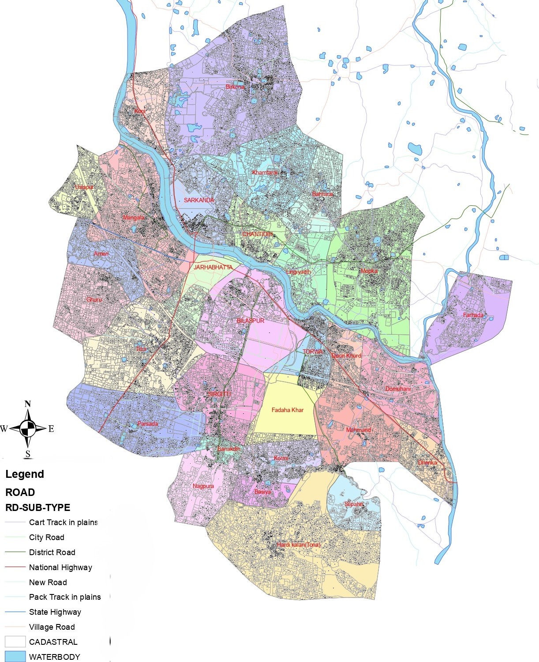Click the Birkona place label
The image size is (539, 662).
pyautogui.click(x=235, y=87)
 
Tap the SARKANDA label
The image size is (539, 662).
pyautogui.click(x=198, y=200)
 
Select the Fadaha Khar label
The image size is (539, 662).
pyautogui.click(x=288, y=410)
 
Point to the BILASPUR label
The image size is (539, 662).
pyautogui.click(x=251, y=321)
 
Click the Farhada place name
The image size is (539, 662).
pyautogui.click(x=473, y=315)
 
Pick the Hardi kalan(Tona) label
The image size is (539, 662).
pyautogui.click(x=299, y=545)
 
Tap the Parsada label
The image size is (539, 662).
pyautogui.click(x=147, y=424)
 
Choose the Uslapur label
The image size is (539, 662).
pyautogui.click(x=84, y=187)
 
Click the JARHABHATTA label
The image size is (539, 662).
pyautogui.click(x=213, y=267)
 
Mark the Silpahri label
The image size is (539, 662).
pyautogui.click(x=354, y=504)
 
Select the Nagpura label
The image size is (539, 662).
pyautogui.click(x=203, y=486)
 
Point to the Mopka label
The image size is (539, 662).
pyautogui.click(x=369, y=271)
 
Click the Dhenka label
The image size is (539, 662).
pyautogui.click(x=427, y=463)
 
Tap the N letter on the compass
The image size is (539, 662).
pyautogui.click(x=28, y=404)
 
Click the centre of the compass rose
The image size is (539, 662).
pyautogui.click(x=28, y=428)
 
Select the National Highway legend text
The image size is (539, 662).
pyautogui.click(x=60, y=567)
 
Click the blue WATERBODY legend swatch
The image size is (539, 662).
pyautogui.click(x=15, y=657)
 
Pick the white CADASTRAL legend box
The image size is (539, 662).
pyautogui.click(x=15, y=642)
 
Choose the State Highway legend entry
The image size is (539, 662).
pyautogui.click(x=55, y=612)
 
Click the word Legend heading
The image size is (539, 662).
pyautogui.click(x=25, y=474)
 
